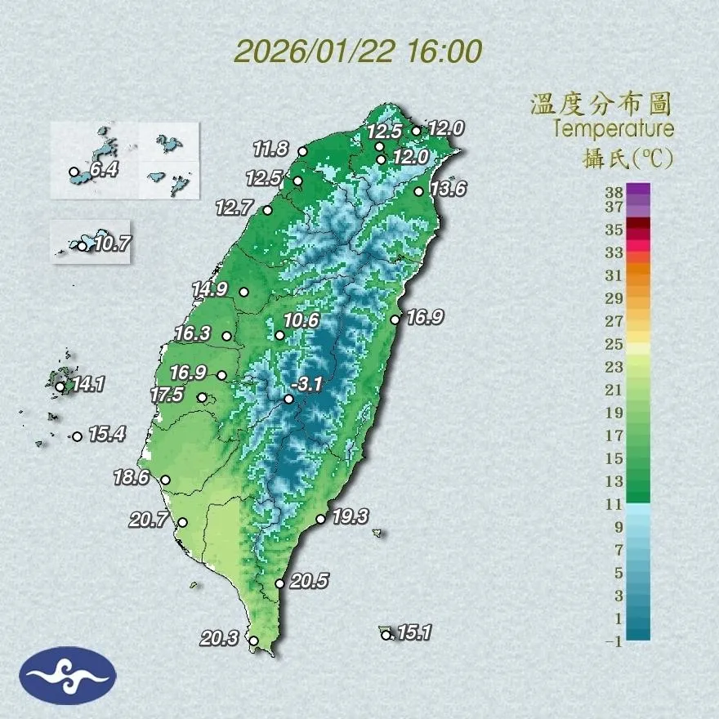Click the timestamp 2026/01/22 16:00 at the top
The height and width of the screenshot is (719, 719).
click(x=358, y=51)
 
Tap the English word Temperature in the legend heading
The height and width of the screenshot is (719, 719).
click(x=613, y=129)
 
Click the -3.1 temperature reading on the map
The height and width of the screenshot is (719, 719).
click(x=310, y=382)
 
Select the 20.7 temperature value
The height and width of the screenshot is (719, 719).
click(x=153, y=517)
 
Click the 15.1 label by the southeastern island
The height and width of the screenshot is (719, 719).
click(x=413, y=632)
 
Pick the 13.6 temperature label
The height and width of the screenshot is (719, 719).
click(x=448, y=189)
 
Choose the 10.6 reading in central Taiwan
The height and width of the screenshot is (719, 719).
click(x=301, y=320)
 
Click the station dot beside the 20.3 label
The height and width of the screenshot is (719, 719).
click(x=253, y=641)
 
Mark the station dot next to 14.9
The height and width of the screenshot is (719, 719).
click(x=243, y=292)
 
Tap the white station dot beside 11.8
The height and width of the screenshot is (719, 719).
click(x=303, y=151)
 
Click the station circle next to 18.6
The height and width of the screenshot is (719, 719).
click(x=165, y=480)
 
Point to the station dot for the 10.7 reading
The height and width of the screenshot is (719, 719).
click(x=82, y=245)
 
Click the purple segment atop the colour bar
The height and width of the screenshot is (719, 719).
click(x=639, y=190)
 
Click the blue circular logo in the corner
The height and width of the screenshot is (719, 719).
click(x=69, y=675)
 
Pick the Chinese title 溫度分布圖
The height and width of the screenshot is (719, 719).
click(x=601, y=104)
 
